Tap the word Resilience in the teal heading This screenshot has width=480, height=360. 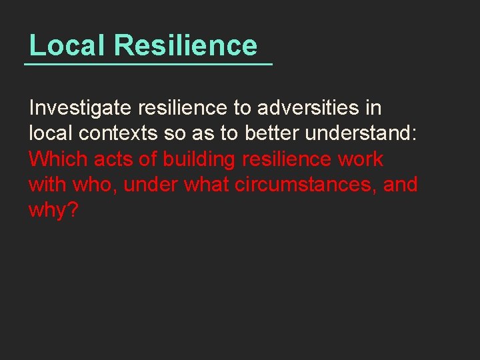click(185, 45)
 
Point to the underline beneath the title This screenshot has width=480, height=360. click(148, 64)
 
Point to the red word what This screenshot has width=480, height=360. click(207, 184)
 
